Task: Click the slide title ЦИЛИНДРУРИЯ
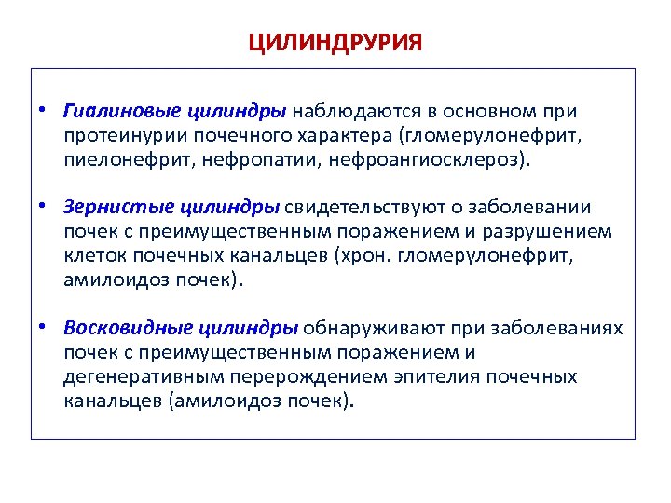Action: coord(335,43)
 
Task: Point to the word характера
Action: coord(349,136)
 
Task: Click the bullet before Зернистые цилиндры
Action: coord(44,205)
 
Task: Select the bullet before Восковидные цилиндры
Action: coord(44,328)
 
